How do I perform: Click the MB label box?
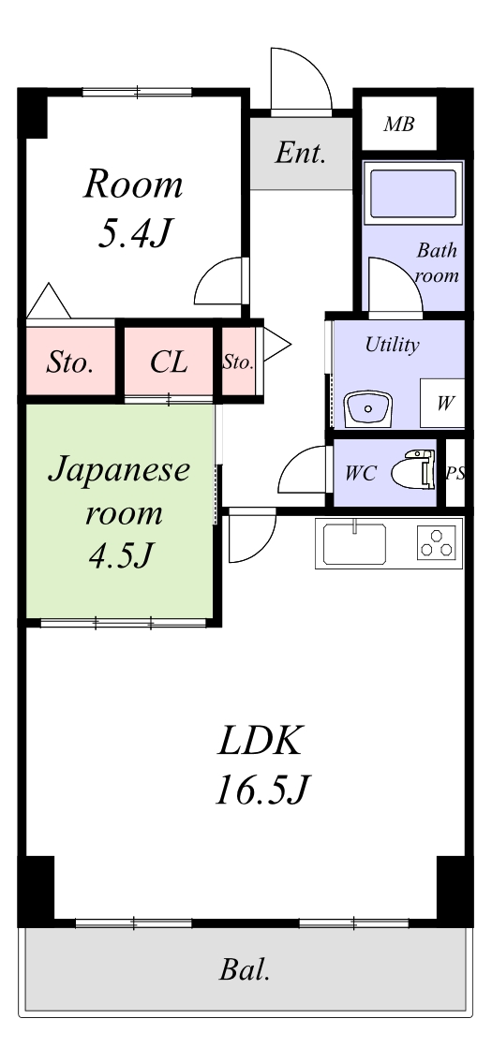[x=399, y=124]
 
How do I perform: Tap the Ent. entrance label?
[x=300, y=154]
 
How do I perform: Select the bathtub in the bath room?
[x=412, y=193]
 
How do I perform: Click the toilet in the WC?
[x=413, y=468]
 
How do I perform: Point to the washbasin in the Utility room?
[x=367, y=409]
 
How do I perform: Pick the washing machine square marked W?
[x=442, y=403]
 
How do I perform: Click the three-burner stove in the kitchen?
[x=437, y=541]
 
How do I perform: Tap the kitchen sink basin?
[x=354, y=544]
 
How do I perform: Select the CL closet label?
[x=169, y=362]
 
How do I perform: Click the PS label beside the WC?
[x=455, y=474]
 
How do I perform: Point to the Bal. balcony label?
[x=245, y=969]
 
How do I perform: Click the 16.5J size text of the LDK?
[x=262, y=790]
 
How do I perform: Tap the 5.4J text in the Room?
[x=133, y=233]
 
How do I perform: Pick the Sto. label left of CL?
[x=69, y=362]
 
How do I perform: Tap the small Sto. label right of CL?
[x=237, y=362]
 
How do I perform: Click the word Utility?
[x=393, y=345]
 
